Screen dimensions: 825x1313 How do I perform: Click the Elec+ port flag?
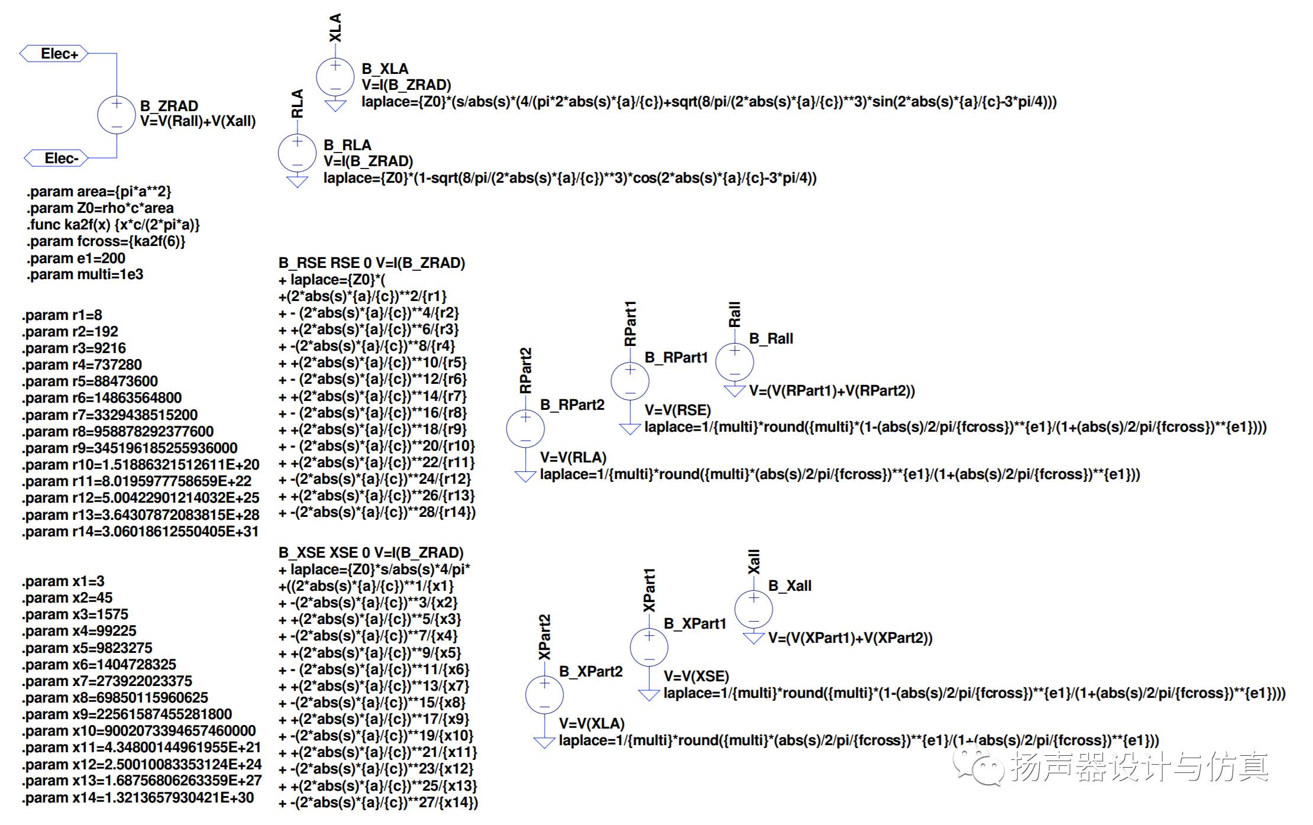pos(54,54)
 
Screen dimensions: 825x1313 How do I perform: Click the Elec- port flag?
pos(56,158)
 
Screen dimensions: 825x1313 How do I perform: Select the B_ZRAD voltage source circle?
pos(117,115)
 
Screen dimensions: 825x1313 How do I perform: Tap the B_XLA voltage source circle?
pos(335,77)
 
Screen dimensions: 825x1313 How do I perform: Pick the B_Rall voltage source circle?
pos(735,363)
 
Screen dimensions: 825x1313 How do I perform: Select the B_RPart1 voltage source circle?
pos(630,381)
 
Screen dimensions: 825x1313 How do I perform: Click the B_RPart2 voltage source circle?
pos(525,429)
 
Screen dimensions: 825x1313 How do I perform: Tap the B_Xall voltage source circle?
pos(753,610)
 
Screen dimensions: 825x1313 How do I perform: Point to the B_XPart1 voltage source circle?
pos(649,648)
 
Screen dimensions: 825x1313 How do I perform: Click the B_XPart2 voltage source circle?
pos(544,695)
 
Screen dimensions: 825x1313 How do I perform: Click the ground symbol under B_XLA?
pos(335,106)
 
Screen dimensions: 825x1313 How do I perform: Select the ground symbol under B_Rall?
pos(735,390)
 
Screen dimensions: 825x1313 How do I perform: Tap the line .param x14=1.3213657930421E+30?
pos(138,798)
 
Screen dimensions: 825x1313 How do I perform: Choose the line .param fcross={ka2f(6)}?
pos(106,241)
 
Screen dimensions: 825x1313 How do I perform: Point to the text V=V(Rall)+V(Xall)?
pos(198,122)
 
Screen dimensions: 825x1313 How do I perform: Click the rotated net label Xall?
pos(753,562)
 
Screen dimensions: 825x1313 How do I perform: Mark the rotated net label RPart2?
pos(525,371)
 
